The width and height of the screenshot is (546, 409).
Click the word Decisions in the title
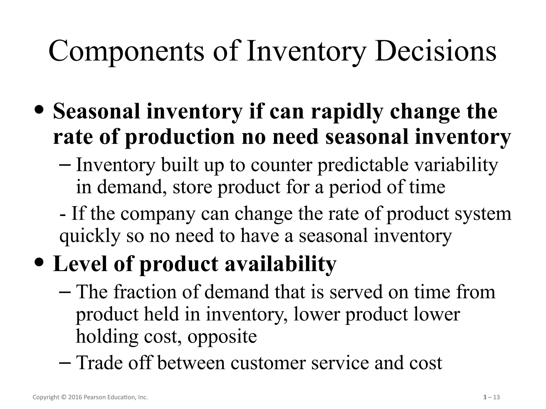pyautogui.click(x=435, y=51)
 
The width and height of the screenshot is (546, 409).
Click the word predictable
pyautogui.click(x=363, y=165)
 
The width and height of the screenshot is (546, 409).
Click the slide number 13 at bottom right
pyautogui.click(x=496, y=398)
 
